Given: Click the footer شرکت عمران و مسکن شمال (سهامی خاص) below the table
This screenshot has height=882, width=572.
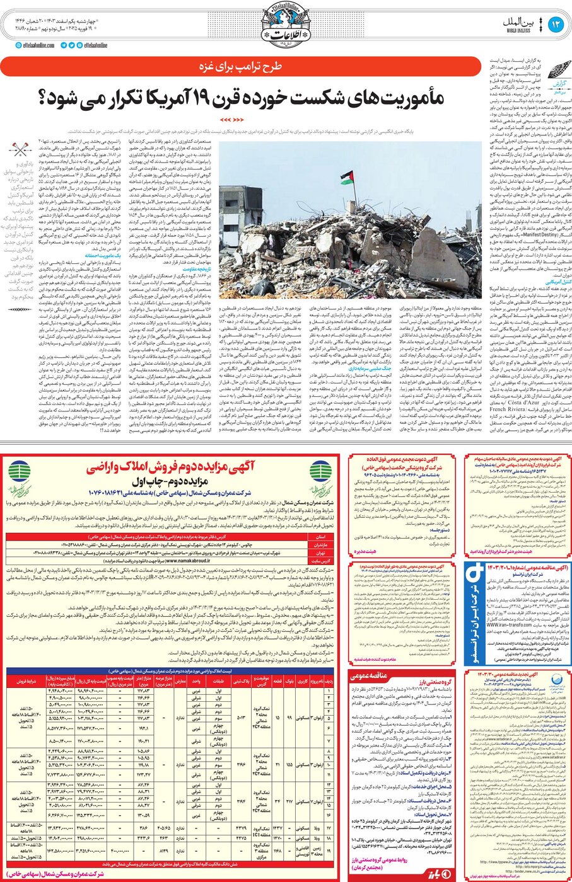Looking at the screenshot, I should click(170, 874).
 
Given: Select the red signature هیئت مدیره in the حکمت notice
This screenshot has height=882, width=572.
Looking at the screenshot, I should click(368, 552).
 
